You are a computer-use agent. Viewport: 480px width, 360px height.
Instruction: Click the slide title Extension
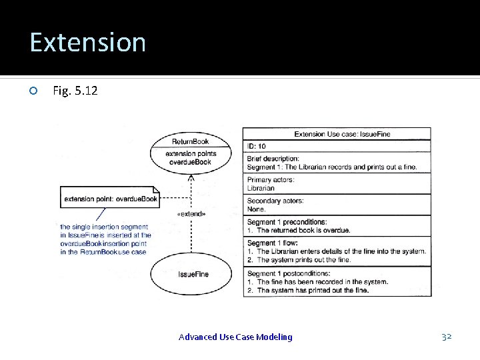click(87, 42)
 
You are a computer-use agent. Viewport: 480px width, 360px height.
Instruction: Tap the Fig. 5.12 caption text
click(75, 90)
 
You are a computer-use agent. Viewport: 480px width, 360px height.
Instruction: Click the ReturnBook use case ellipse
click(191, 151)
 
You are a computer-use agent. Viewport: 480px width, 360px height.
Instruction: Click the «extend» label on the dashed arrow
click(191, 214)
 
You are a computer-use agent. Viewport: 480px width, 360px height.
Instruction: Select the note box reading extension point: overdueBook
click(110, 198)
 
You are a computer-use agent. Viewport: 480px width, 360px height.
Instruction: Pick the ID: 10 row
click(257, 146)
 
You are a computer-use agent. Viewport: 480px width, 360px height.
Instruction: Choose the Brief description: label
click(273, 159)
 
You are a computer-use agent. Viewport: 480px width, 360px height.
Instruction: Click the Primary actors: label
click(271, 180)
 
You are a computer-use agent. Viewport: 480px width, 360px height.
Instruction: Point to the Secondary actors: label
click(275, 201)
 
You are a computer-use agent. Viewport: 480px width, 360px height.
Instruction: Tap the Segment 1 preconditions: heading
click(287, 222)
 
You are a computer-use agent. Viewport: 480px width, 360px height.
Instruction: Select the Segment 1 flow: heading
click(272, 243)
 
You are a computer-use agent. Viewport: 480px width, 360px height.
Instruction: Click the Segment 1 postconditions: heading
click(289, 273)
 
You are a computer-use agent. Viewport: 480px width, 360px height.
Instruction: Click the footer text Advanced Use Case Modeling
click(235, 337)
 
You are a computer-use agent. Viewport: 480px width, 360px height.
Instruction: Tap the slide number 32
click(447, 337)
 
